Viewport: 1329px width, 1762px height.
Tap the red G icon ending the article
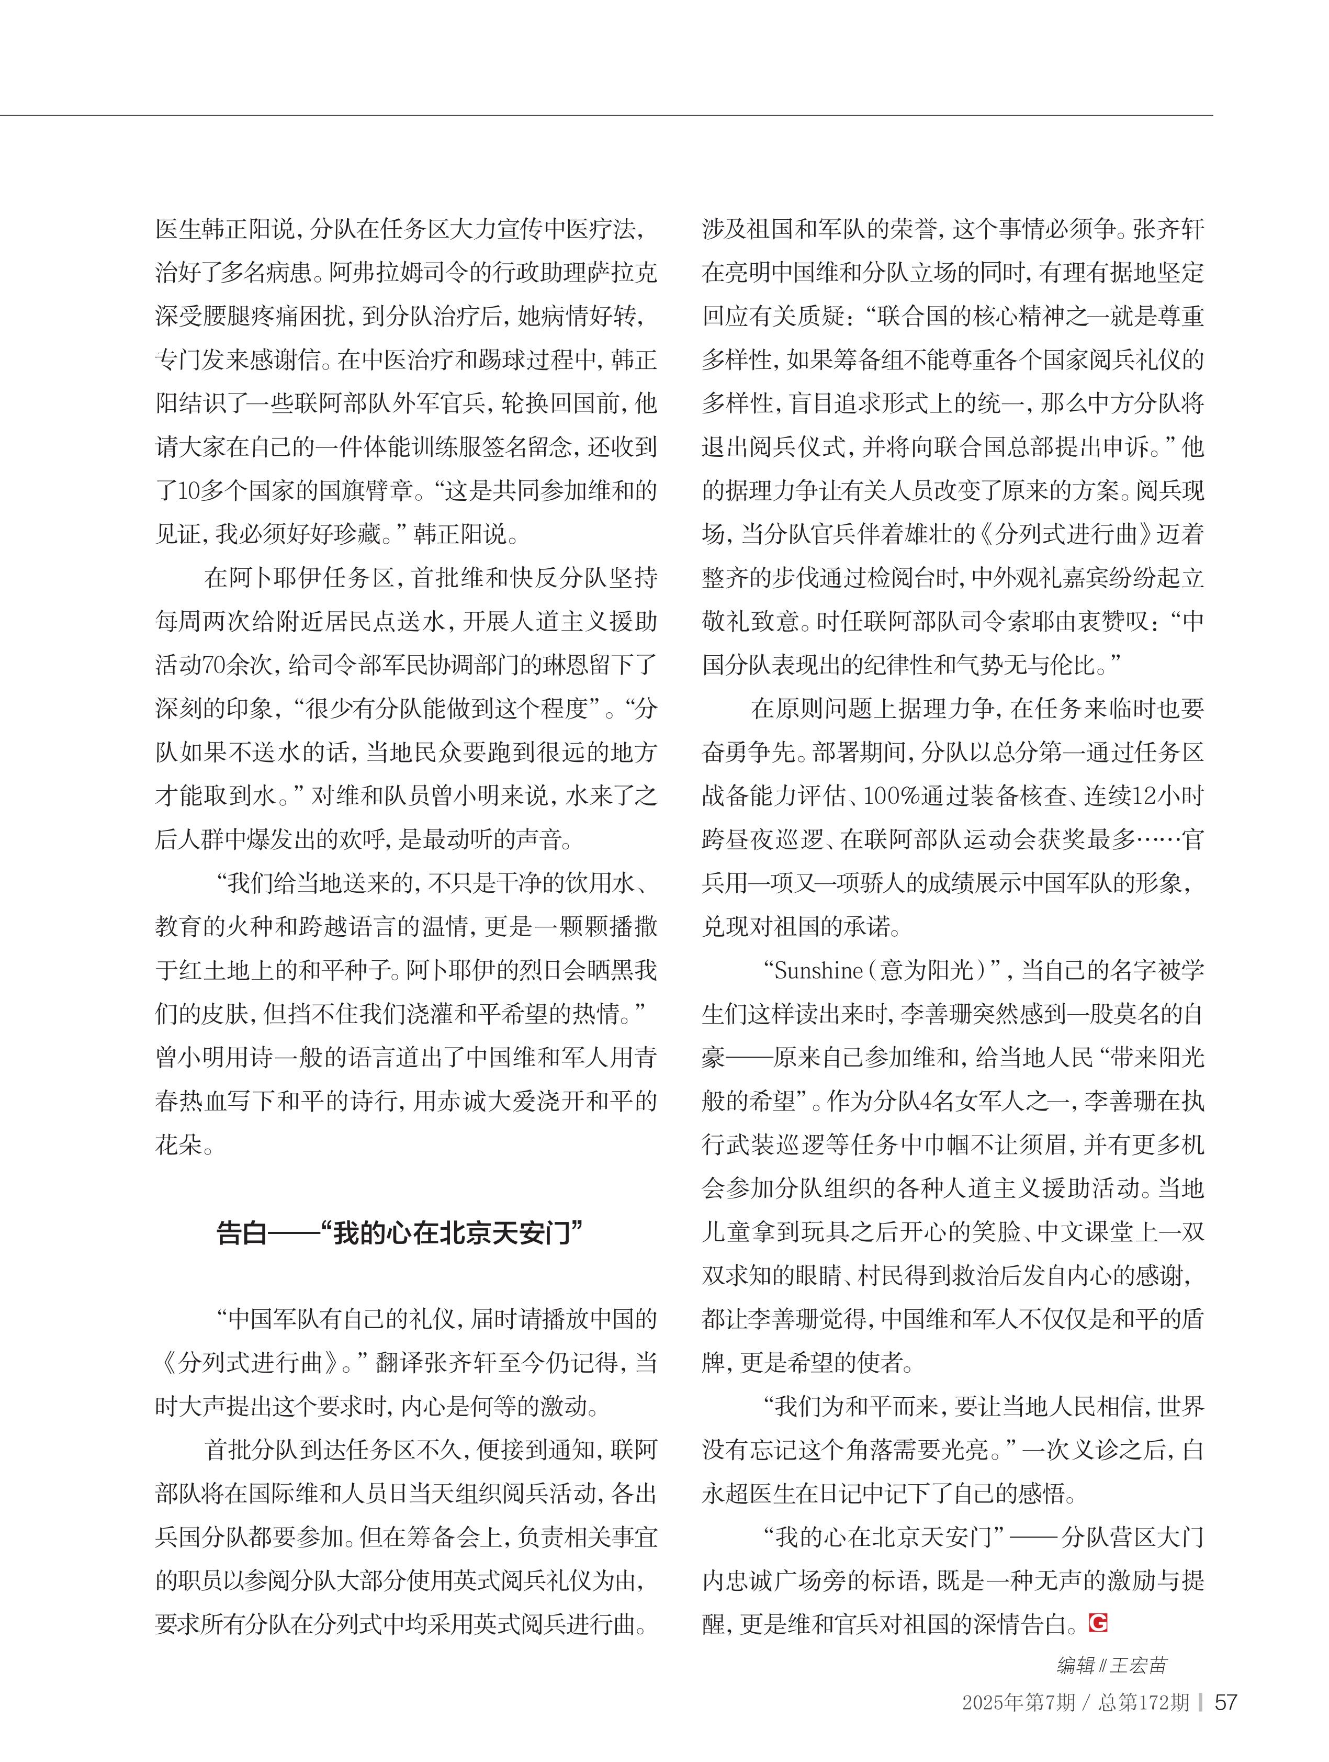1099,1621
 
